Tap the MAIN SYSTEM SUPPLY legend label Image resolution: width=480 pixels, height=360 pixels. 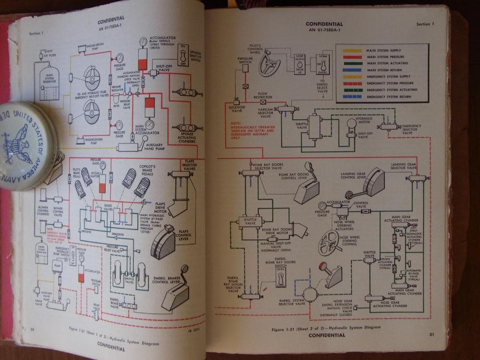pos(383,51)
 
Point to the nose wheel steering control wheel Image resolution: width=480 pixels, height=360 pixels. pos(328,242)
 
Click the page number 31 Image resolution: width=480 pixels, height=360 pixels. pos(431,335)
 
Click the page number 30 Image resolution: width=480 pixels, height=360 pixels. pos(33,328)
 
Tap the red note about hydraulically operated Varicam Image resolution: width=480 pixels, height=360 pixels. pos(253,130)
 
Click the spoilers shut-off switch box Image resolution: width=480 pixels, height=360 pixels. pos(183,56)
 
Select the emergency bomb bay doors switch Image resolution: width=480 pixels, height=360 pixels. pos(280,279)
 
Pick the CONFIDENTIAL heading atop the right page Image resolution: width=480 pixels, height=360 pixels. pos(324,24)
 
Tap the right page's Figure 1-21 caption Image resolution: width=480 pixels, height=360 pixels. pos(326,328)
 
